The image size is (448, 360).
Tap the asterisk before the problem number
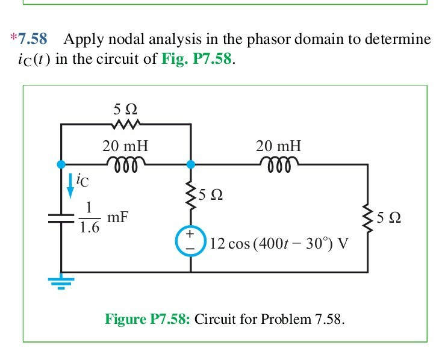[x=13, y=39]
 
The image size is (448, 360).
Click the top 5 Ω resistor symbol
[x=126, y=125]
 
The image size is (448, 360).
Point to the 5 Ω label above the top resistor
[x=125, y=110]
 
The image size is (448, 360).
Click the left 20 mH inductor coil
[x=125, y=163]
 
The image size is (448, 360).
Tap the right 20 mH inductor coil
[x=278, y=163]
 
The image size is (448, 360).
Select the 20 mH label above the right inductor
[x=278, y=146]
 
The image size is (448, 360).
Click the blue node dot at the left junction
[x=60, y=164]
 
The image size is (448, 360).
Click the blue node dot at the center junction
[x=191, y=164]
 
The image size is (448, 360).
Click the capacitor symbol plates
[x=60, y=219]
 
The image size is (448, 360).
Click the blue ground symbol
[x=60, y=281]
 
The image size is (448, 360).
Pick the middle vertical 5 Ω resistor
[x=191, y=194]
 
